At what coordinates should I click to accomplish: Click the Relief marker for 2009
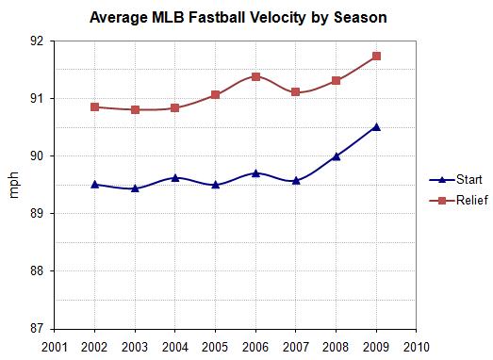pos(376,56)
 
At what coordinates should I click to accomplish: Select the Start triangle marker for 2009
pos(376,126)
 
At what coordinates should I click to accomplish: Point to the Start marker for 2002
pos(95,184)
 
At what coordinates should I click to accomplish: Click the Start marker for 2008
pos(337,155)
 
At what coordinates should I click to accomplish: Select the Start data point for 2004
pos(175,177)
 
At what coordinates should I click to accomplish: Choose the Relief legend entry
pos(461,200)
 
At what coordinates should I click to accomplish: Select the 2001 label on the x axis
pos(55,346)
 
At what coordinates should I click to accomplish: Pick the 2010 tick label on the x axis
pos(417,346)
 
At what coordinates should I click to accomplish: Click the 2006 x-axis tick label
pos(256,346)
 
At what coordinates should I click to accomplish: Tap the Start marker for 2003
pos(135,188)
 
